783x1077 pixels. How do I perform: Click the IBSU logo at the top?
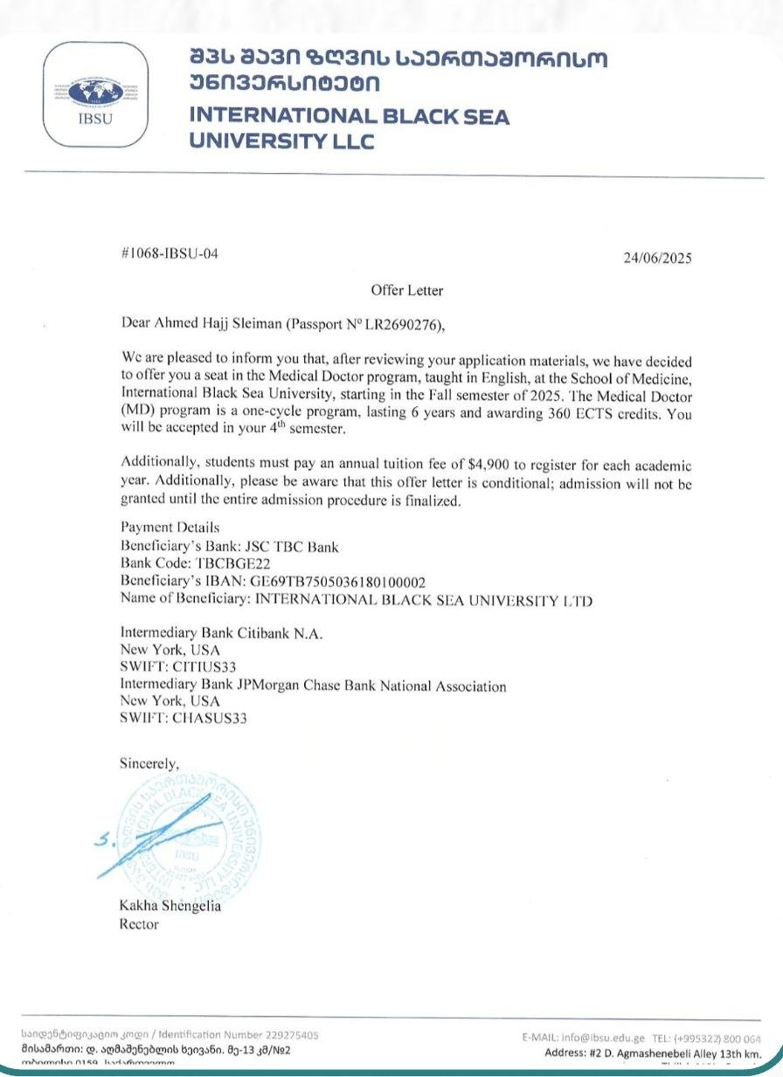pos(96,93)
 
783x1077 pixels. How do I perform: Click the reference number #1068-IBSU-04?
pos(168,254)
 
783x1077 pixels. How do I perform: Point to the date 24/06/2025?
pos(657,258)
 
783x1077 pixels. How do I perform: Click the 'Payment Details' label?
pos(170,528)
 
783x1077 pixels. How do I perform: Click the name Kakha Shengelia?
pos(170,906)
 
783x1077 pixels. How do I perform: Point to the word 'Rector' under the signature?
pos(139,923)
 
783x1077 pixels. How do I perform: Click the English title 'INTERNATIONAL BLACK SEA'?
pos(349,116)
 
